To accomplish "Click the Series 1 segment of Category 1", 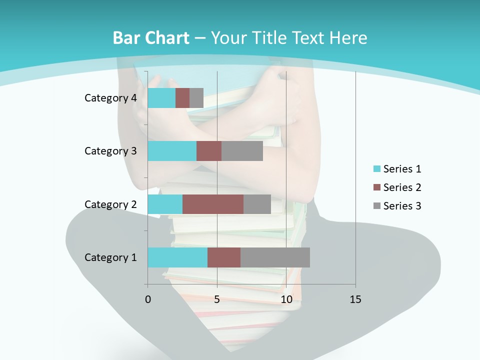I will pos(177,257).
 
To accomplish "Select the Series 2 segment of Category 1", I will pos(224,257).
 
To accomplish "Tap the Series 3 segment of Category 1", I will pos(275,257).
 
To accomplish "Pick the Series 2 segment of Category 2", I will pos(213,204).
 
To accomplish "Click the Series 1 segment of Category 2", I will pos(165,204).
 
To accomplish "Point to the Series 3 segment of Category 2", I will pos(257,204).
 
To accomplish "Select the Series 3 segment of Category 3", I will pos(242,151).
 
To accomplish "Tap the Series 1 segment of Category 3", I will pos(172,151).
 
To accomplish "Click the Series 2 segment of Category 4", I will pos(182,98).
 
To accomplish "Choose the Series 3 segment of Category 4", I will pos(196,98).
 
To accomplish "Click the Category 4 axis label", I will pos(110,98).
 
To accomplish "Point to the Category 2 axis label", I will pos(110,204).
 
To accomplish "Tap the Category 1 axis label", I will pos(110,257).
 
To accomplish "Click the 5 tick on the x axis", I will pos(217,299).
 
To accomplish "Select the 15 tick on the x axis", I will pos(355,299).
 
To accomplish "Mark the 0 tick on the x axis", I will pos(148,299).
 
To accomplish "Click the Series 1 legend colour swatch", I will pos(376,169).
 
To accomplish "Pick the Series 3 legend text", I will pos(402,206).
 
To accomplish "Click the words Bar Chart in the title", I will pos(151,38).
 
